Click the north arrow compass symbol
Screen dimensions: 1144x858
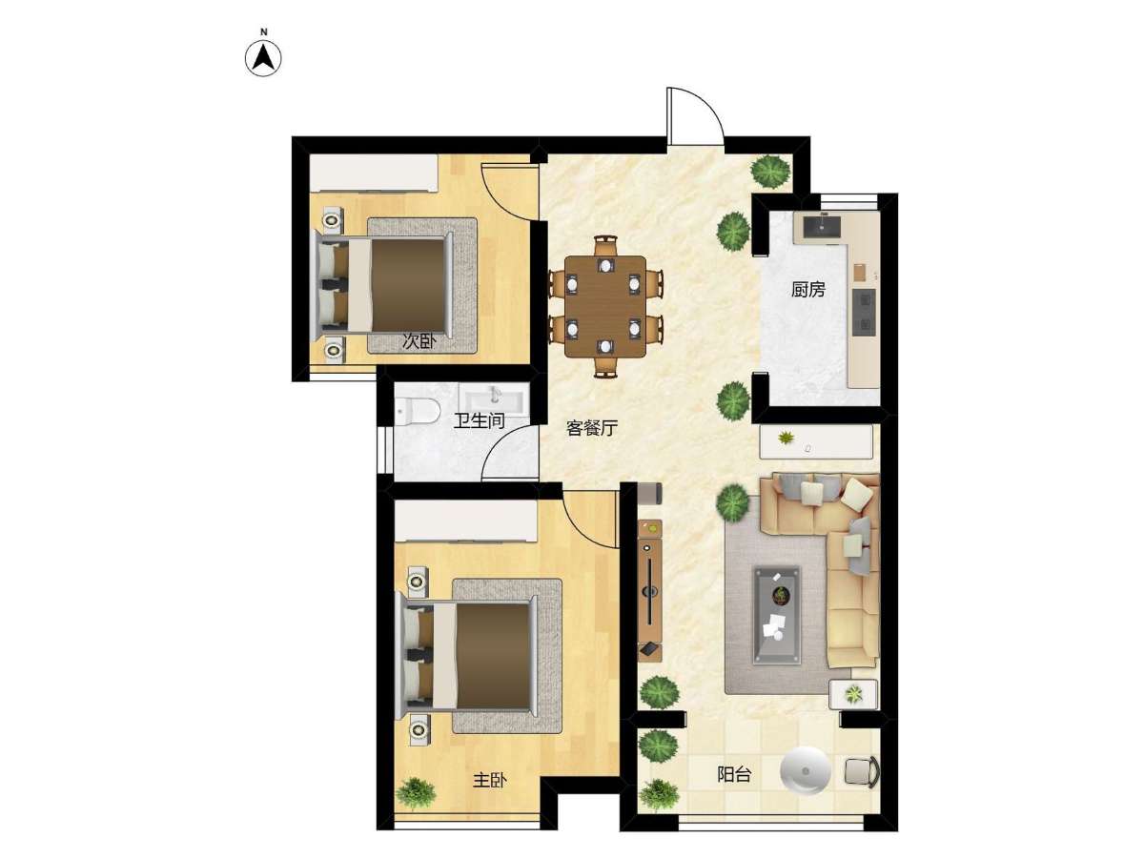[x=263, y=57]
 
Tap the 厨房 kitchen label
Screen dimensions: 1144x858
[x=807, y=290]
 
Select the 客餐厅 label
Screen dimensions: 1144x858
[x=592, y=428]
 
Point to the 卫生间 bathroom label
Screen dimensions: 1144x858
[x=479, y=420]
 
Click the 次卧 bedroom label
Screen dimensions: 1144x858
[x=419, y=341]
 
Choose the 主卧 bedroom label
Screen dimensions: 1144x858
[x=489, y=780]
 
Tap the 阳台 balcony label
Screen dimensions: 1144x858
[x=734, y=774]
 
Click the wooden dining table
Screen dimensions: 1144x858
[x=605, y=306]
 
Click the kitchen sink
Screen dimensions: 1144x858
[x=823, y=226]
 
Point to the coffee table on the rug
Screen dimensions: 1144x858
[x=777, y=615]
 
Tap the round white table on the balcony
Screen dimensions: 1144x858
[x=805, y=771]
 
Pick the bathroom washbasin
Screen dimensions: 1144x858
[x=494, y=401]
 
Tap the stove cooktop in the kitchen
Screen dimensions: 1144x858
[x=864, y=312]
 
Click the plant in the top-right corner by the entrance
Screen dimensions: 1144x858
[x=770, y=171]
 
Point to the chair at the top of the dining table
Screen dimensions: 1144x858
[x=605, y=245]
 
